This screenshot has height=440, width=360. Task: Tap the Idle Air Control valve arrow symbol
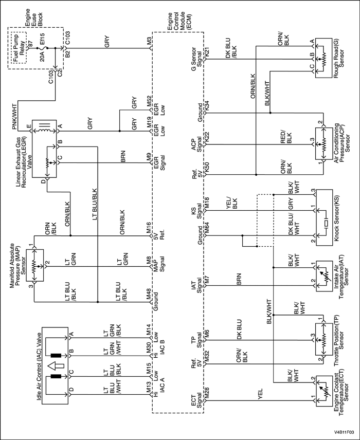pos(56,366)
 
